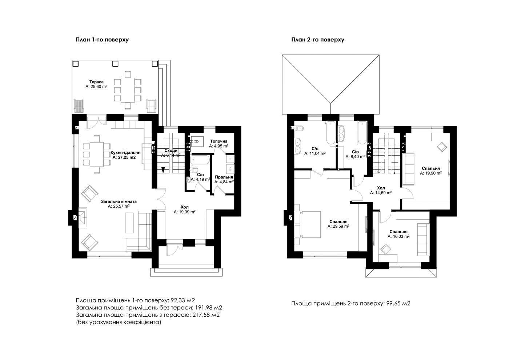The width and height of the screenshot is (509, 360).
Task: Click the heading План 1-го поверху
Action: pyautogui.click(x=102, y=40)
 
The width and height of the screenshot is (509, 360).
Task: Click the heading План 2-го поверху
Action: pyautogui.click(x=318, y=40)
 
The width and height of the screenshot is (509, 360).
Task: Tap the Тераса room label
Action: pyautogui.click(x=96, y=82)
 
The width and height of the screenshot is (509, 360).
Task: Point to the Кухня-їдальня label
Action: pyautogui.click(x=125, y=152)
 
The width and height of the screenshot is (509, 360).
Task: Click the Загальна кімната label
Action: pyautogui.click(x=119, y=201)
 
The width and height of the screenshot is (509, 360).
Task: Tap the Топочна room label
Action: pyautogui.click(x=219, y=141)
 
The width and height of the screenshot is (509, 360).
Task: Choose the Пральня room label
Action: pyautogui.click(x=224, y=177)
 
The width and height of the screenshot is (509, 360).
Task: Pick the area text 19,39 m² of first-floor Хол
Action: pyautogui.click(x=185, y=212)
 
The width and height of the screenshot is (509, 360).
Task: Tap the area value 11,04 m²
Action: pyautogui.click(x=315, y=153)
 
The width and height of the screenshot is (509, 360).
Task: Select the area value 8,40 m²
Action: pyautogui.click(x=356, y=156)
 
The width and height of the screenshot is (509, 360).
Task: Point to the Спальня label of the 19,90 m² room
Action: pyautogui.click(x=431, y=168)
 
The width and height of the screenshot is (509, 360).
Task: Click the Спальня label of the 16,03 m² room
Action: pyautogui.click(x=398, y=232)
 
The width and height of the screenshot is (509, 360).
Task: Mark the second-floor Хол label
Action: pyautogui.click(x=381, y=188)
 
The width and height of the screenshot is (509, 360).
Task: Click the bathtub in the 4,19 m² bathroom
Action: pyautogui.click(x=200, y=160)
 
